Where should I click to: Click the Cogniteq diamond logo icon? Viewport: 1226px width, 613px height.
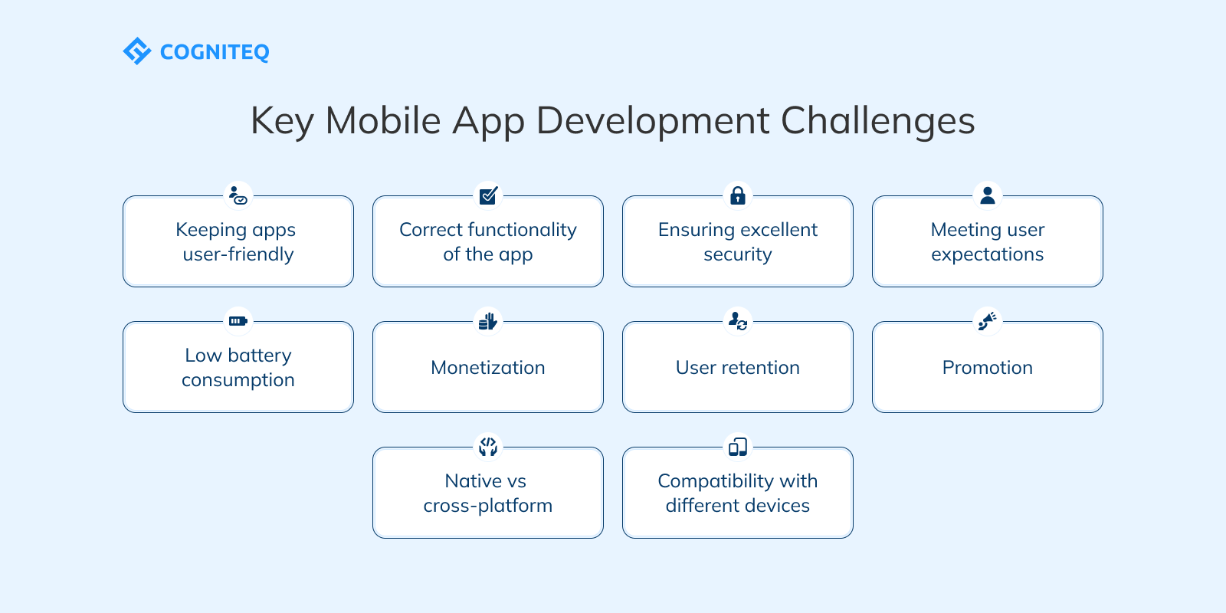(137, 51)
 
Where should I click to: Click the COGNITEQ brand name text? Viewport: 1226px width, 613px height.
(215, 52)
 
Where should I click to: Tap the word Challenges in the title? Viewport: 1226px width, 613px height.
(877, 121)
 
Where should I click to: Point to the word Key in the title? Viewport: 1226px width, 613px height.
(281, 121)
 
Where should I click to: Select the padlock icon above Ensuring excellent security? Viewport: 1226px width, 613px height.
(738, 195)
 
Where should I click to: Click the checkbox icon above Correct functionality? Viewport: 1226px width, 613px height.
(488, 195)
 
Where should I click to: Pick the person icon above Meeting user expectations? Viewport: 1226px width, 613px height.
(988, 195)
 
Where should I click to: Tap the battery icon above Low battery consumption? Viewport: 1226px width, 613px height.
(238, 321)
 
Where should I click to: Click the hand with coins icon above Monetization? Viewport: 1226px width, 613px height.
(488, 321)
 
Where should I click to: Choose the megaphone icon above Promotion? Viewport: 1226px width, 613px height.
(988, 320)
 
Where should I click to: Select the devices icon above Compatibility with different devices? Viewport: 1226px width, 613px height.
(738, 447)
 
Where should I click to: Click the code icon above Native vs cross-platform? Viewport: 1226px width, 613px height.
(488, 446)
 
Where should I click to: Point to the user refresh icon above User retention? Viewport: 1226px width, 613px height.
(738, 320)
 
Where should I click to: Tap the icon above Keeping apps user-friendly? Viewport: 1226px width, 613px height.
(238, 195)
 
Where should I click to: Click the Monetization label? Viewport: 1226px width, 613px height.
(488, 368)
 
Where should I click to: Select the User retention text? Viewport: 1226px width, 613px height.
(738, 368)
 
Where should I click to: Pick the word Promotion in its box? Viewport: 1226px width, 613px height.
(988, 368)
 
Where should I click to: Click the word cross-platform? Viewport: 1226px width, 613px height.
(488, 506)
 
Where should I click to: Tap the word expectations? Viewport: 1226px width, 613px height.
(988, 254)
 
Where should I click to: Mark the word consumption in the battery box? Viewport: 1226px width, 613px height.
(238, 380)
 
